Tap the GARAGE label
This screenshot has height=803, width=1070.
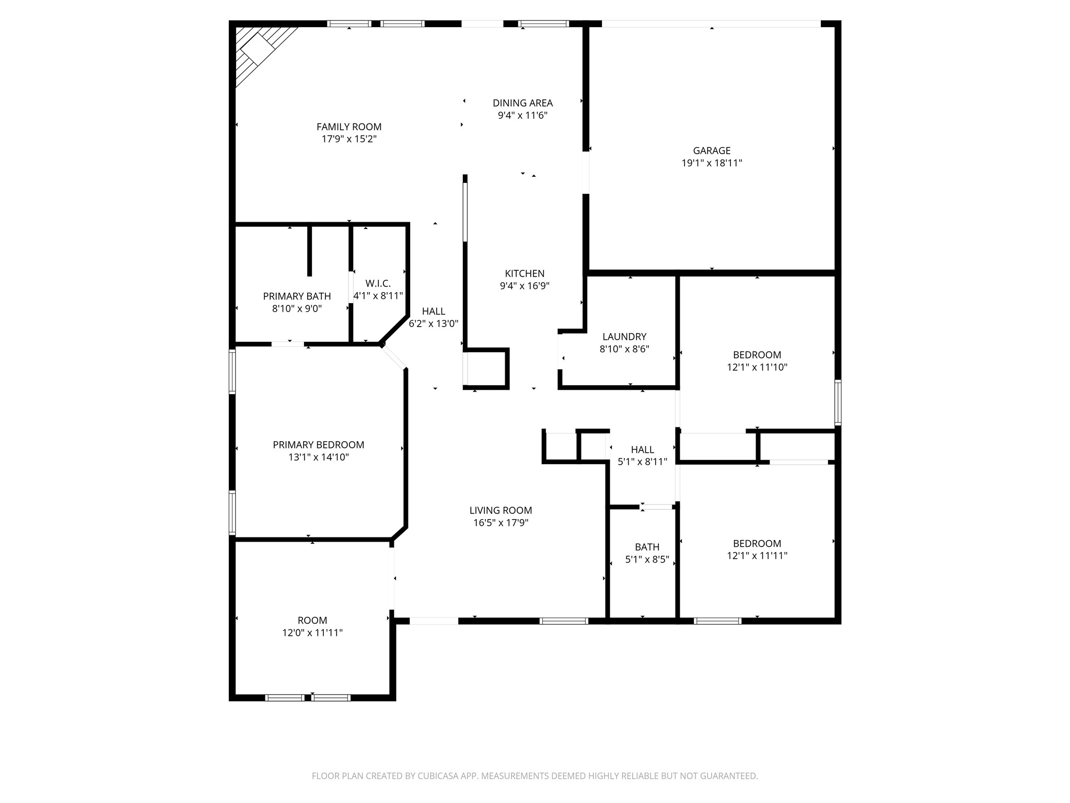coord(712,151)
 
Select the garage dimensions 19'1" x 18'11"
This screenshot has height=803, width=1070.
coord(712,163)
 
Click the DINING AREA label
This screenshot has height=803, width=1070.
coord(522,103)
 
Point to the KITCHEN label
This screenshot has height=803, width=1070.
coord(525,273)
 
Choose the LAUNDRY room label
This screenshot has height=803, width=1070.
coord(624,337)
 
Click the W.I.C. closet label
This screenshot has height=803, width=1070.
coord(378,283)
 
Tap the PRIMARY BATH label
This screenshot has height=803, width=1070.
coord(297,296)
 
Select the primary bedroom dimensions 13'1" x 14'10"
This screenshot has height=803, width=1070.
coord(318,457)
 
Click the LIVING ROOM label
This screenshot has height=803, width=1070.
coord(501,510)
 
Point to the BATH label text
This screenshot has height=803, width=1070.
coord(647,547)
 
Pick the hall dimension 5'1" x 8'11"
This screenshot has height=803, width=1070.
coord(642,462)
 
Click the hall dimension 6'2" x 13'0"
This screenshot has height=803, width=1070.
coord(433,324)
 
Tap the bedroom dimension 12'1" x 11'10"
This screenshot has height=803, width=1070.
coord(757,368)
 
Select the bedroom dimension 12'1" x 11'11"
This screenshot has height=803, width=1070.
coord(757,556)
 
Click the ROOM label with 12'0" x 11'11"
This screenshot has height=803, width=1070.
coord(312,621)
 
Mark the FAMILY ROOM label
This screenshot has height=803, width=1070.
coord(349,127)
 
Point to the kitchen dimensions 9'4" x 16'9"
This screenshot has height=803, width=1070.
coord(525,286)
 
